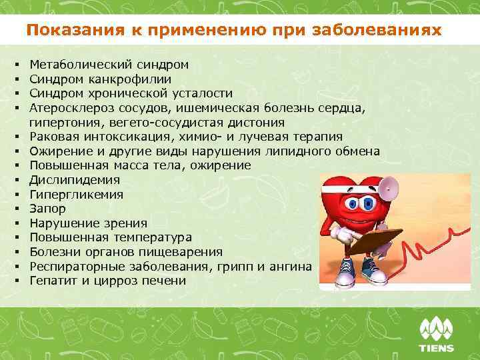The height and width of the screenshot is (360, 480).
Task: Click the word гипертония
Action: tap(60, 123)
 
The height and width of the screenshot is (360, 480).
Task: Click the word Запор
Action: tap(48, 209)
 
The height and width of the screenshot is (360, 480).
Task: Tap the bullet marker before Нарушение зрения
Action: tap(14, 223)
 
